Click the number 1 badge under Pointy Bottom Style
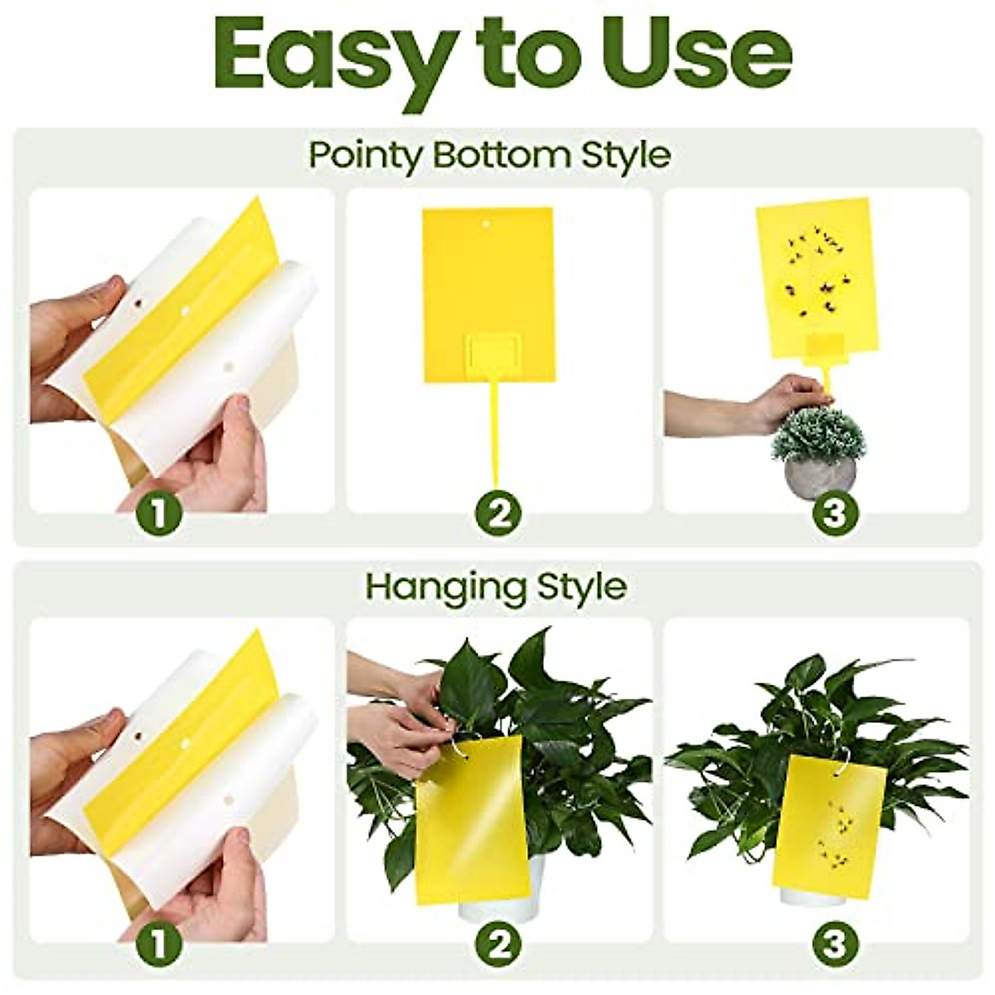[160, 514]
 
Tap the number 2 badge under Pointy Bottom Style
[498, 514]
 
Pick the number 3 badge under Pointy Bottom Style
[834, 514]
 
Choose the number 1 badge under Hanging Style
[160, 943]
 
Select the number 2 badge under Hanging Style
[498, 943]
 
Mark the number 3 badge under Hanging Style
[834, 943]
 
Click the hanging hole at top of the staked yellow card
[488, 223]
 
